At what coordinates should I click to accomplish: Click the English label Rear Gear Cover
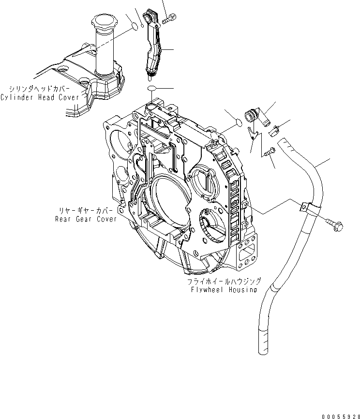(x=86, y=219)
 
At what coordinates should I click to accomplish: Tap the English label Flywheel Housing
(x=224, y=290)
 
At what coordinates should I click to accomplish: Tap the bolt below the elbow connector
(x=270, y=152)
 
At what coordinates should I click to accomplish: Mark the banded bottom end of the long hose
(x=264, y=339)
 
